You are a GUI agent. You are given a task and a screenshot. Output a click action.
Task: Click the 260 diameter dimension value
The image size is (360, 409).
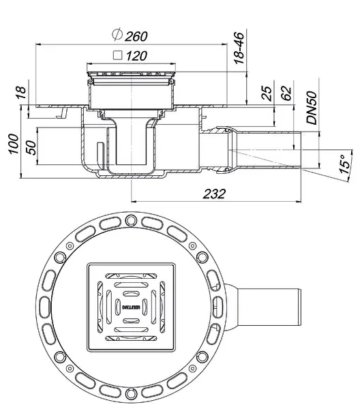click(136, 36)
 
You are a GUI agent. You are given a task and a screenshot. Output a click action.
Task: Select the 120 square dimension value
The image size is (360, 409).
click(136, 56)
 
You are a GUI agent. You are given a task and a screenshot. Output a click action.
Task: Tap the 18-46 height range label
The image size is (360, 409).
click(239, 48)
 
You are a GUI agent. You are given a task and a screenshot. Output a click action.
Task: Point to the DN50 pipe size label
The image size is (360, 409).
click(312, 108)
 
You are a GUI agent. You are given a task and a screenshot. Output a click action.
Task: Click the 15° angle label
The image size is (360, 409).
click(345, 164)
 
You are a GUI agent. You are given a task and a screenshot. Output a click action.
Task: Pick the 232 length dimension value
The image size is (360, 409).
click(214, 194)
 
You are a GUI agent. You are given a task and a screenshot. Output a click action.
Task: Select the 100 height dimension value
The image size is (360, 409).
click(14, 144)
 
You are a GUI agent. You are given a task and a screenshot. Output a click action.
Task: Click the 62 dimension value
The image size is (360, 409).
click(286, 93)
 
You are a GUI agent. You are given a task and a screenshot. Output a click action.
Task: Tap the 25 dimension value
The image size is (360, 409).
click(267, 93)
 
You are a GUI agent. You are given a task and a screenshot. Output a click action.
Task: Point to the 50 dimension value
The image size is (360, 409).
click(31, 148)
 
